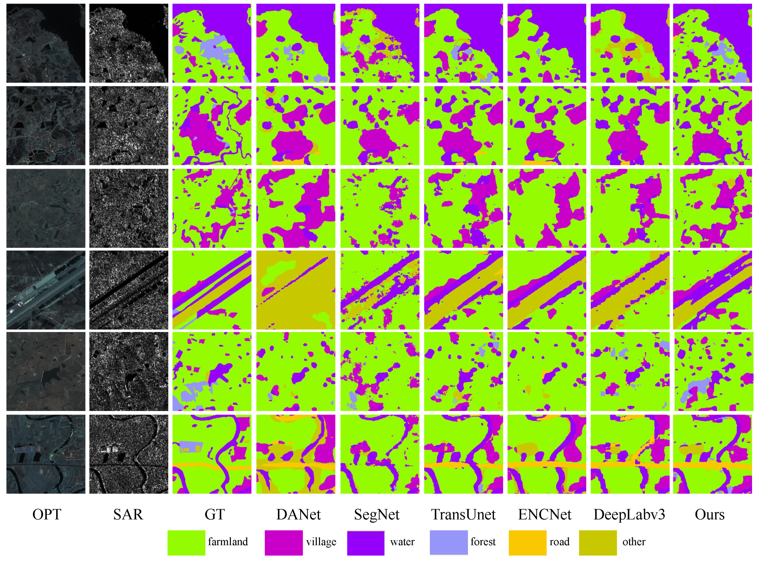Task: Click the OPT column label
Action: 47,514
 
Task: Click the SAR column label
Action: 128,514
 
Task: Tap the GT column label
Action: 214,514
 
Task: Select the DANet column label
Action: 298,514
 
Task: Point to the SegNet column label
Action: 377,514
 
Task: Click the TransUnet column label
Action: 463,514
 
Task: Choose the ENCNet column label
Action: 545,514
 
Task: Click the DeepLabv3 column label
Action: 629,514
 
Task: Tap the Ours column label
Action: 709,514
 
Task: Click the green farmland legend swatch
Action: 186,542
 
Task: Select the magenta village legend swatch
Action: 284,542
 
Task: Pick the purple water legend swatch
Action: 366,542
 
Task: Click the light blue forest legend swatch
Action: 449,542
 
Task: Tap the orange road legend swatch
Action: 528,542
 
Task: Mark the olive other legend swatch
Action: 598,542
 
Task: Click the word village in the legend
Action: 321,541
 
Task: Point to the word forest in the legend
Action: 483,541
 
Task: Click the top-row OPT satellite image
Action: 46,43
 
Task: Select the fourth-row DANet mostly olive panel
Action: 296,290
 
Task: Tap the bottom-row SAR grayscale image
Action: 129,454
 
